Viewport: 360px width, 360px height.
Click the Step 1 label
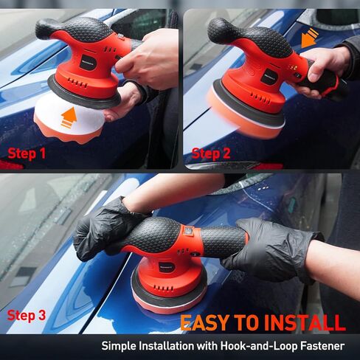click(x=27, y=153)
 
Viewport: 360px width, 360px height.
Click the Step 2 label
click(x=211, y=153)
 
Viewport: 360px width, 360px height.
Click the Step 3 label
click(x=27, y=316)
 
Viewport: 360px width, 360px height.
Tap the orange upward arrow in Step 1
click(x=69, y=116)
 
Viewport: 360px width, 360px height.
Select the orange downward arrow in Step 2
click(x=310, y=38)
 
